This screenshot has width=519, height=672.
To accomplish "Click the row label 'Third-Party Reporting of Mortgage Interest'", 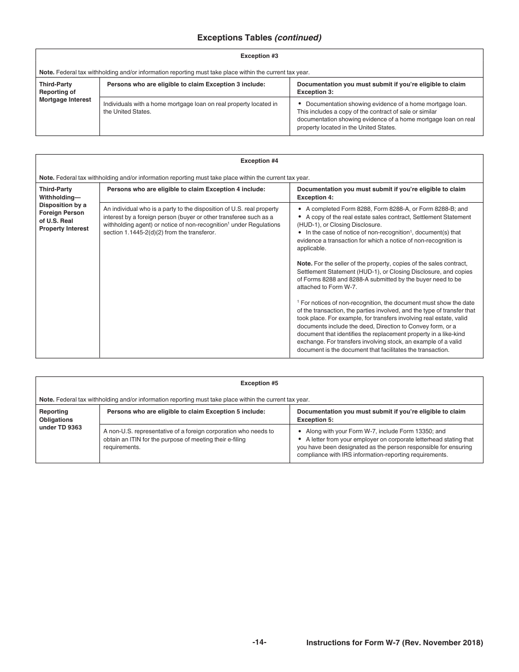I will click(65, 92).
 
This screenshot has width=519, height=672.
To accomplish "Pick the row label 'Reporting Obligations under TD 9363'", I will click(61, 419).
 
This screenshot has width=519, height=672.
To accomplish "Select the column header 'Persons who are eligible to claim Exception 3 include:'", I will click(186, 84).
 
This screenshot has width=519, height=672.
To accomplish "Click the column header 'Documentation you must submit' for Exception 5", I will click(381, 415).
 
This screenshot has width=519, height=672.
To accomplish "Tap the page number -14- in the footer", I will click(259, 642).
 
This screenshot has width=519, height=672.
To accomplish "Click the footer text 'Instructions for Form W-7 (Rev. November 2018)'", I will click(394, 642).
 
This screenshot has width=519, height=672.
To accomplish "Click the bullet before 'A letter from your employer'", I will click(300, 439).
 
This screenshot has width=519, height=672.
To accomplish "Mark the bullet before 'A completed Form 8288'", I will click(300, 209).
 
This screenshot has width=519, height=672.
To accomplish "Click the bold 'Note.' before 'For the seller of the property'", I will click(304, 263).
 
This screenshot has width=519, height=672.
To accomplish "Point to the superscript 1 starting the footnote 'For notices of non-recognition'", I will click(298, 302).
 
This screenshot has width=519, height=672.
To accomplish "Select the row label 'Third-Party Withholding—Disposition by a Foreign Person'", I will click(62, 209).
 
